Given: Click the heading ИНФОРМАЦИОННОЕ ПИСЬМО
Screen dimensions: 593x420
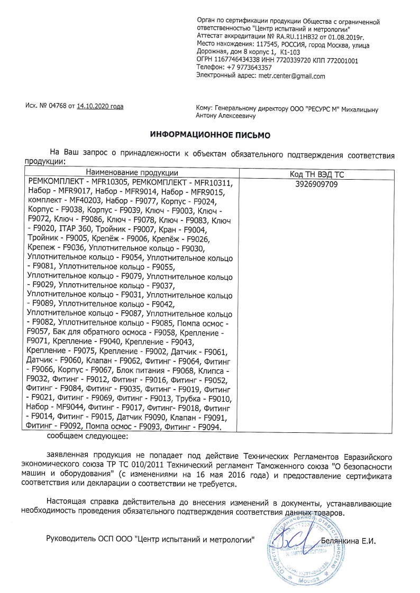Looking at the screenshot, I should (x=210, y=135).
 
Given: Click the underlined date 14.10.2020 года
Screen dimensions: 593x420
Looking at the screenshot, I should (x=100, y=107).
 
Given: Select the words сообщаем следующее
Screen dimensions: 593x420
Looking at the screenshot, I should (x=87, y=436).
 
